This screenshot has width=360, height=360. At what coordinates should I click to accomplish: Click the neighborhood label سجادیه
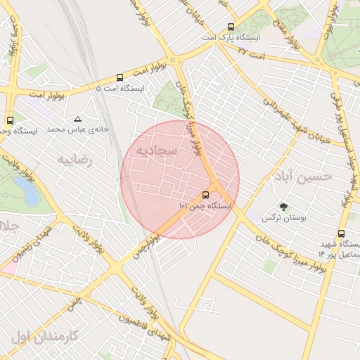pos(151,150)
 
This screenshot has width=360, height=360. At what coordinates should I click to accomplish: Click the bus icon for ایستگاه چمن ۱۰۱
pos(205,194)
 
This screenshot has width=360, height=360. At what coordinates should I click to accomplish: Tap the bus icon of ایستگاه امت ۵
pos(120,78)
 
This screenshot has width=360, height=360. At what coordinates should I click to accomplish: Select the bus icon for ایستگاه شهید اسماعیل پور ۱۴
pos(341,234)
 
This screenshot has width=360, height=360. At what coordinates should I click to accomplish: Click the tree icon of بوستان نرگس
pos(283,207)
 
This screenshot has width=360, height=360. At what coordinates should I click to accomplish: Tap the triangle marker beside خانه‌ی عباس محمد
pos(77,119)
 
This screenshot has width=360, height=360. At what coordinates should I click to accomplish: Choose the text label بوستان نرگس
pos(285,219)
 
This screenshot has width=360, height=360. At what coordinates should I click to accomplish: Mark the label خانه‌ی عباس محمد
pos(75,130)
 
